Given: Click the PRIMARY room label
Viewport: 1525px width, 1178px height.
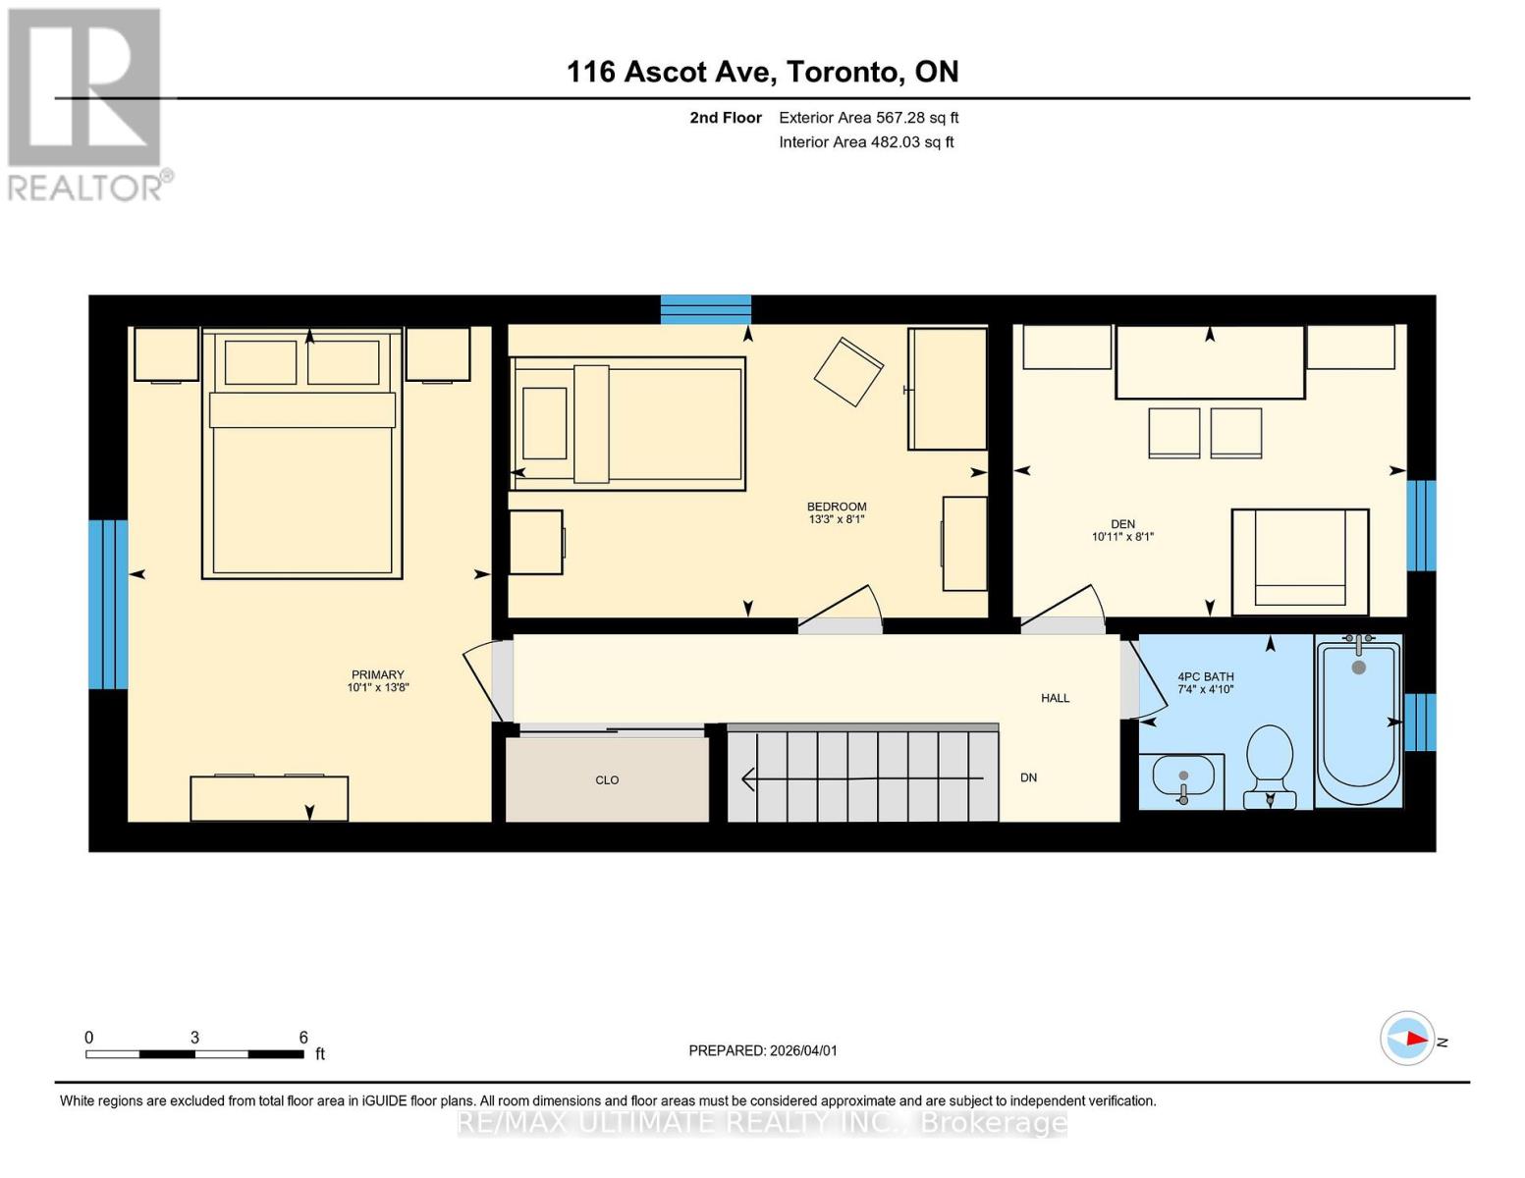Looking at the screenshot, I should click(378, 681).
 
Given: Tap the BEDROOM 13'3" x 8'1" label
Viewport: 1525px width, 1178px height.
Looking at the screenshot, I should click(837, 513).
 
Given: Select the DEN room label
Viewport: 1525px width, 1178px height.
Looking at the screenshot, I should click(1122, 530).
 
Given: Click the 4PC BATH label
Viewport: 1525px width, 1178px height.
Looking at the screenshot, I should click(1206, 682).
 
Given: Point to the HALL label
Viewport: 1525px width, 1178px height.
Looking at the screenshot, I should click(1056, 698).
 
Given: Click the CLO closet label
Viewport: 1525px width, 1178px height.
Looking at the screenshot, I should click(607, 780).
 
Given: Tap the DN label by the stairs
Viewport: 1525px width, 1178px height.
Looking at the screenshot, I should click(1028, 777).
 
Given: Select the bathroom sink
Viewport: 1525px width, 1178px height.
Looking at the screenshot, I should click(1182, 779).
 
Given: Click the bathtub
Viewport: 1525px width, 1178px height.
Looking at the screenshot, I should click(1359, 722).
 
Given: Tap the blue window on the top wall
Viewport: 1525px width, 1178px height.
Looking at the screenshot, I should click(705, 309).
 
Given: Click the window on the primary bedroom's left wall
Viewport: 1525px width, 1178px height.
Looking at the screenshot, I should click(108, 604).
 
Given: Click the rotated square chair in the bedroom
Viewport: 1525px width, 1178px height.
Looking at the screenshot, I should click(848, 371).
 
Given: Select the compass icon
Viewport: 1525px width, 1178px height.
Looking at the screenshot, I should click(1408, 1038).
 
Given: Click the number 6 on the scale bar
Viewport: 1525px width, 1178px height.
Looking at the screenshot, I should click(303, 1037).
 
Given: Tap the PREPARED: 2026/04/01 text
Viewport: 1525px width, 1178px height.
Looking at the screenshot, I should click(763, 1050).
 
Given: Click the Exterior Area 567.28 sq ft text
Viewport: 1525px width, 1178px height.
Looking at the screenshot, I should click(868, 118).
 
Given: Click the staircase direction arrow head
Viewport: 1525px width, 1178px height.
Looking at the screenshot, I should click(747, 779).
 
